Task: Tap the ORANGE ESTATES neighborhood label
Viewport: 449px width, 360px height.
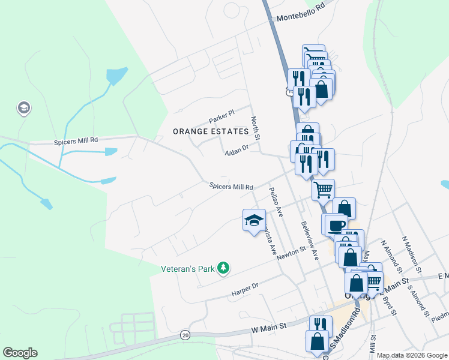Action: [210, 131]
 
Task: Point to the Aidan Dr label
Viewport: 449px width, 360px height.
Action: [237, 149]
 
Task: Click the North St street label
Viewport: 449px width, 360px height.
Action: [255, 128]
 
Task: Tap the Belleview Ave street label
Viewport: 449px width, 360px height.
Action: [308, 238]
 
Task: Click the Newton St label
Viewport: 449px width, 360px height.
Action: [291, 250]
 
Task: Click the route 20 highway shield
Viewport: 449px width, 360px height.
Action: [185, 334]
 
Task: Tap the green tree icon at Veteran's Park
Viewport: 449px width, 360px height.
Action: [224, 268]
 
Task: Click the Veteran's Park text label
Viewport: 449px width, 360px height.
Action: [187, 269]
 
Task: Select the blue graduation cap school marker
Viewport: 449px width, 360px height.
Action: [254, 220]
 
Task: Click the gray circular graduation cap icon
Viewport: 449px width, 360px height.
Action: [24, 109]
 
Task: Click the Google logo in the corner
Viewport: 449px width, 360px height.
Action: [20, 353]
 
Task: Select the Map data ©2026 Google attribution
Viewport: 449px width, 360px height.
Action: [411, 355]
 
